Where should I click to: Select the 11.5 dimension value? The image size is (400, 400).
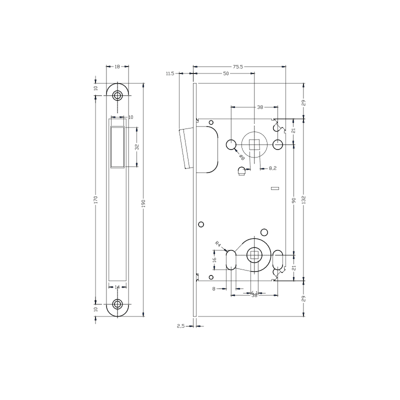(169, 73)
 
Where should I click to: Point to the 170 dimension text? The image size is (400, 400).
(95, 200)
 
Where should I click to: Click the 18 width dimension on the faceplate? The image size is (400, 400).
(117, 66)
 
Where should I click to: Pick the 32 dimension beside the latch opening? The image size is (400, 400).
(136, 147)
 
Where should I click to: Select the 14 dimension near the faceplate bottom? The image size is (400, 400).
(117, 287)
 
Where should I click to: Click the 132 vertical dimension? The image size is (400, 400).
(303, 200)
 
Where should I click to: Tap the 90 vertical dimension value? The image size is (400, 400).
(293, 200)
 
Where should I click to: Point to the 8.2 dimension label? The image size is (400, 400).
(273, 169)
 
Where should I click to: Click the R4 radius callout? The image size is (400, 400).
(218, 244)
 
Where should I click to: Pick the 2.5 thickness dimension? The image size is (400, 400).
(181, 326)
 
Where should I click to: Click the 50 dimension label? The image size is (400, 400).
(226, 73)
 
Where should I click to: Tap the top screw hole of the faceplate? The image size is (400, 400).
(117, 95)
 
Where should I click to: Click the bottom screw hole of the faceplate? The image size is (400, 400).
(117, 304)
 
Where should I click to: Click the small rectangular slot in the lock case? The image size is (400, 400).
(273, 188)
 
